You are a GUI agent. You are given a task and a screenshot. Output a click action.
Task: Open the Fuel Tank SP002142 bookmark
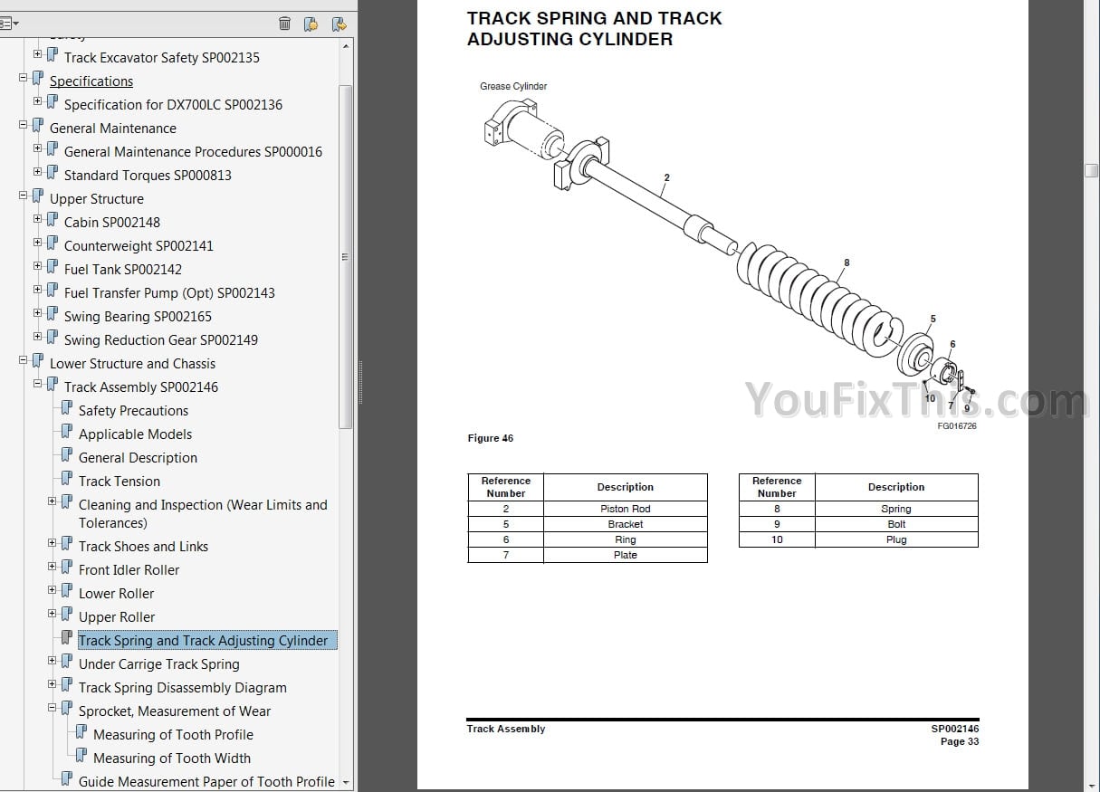pos(123,270)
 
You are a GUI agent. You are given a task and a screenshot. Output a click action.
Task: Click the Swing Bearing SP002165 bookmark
pos(138,317)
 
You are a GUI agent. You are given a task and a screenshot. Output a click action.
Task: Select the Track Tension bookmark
pos(120,482)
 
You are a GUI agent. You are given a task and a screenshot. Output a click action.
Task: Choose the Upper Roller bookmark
pos(117,617)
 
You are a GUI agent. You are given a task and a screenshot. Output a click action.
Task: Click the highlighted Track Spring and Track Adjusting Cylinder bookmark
pos(204,641)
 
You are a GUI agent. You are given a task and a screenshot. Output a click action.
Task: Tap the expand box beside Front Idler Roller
pos(52,566)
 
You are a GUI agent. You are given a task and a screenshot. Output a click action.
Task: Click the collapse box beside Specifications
pos(23,78)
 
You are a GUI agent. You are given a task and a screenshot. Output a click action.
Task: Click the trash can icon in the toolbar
pos(285,24)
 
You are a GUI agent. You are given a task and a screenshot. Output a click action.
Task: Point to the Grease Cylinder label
pos(513,86)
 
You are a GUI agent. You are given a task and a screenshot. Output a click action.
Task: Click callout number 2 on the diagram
pos(666,177)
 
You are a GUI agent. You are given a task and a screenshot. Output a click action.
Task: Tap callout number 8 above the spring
pos(847,262)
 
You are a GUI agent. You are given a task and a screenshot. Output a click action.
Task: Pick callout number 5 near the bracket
pos(933,319)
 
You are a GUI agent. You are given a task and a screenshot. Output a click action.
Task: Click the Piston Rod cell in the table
pos(625,509)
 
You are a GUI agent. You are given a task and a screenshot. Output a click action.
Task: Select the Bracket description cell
pos(625,524)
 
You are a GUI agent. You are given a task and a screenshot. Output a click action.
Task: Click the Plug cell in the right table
pos(896,539)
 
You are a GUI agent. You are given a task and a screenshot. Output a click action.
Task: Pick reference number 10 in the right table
pos(777,539)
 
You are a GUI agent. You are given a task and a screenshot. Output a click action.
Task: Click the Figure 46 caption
pos(490,438)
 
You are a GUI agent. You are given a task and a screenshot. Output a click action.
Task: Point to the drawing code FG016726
pos(957,426)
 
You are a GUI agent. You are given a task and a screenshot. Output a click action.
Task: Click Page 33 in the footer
pos(960,741)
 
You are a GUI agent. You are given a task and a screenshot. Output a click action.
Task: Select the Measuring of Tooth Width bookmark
pos(172,759)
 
